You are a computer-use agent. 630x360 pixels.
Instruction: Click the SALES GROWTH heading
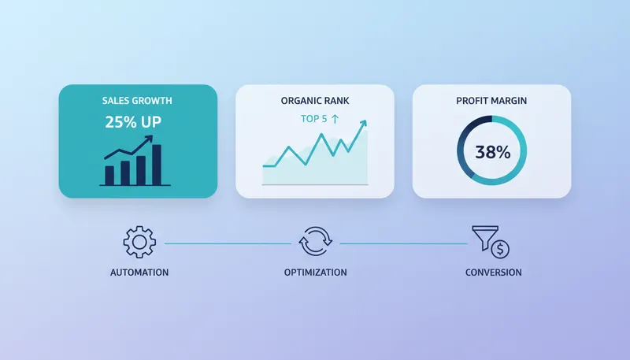pos(137,101)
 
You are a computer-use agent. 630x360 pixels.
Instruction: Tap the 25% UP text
pos(137,122)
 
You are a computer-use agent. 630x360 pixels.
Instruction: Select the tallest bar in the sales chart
pos(156,164)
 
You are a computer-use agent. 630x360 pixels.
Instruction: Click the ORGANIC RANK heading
pos(315,101)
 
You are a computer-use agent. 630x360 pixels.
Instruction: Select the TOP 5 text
pos(313,119)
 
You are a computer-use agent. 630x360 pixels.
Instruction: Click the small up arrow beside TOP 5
pos(335,119)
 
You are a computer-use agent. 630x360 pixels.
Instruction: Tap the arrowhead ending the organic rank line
pos(363,124)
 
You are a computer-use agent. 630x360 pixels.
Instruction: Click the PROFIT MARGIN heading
pos(491,101)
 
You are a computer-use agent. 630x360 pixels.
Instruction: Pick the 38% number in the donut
pos(492,152)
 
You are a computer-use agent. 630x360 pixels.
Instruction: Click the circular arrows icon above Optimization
pos(315,243)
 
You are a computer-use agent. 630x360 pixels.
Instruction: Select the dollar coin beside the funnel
pos(499,250)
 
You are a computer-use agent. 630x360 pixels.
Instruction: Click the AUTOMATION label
pos(139,273)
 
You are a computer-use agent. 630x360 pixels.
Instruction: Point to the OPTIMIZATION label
pos(315,273)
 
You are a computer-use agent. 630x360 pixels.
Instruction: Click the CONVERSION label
pos(492,273)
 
